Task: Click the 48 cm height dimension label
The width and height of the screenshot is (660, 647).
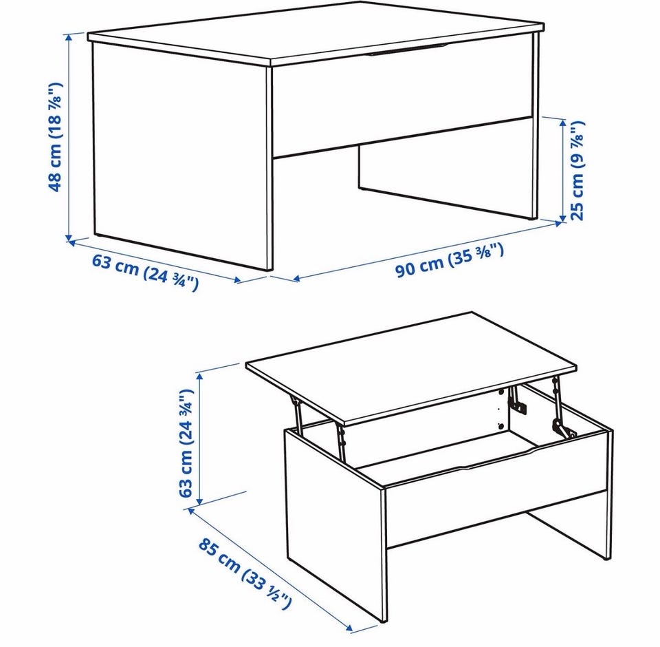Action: coord(55,138)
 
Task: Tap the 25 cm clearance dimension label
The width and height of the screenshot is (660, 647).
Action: coord(577,170)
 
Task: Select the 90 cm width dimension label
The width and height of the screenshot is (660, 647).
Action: coord(449,259)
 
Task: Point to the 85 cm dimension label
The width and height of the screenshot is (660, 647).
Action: coord(245,573)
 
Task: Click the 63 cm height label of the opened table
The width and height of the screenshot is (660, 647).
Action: coord(186,443)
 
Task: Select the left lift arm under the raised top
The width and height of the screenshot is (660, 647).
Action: coord(298,415)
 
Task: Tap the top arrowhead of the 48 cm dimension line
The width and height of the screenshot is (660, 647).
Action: coord(69,37)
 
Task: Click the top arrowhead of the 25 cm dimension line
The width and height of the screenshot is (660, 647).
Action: coord(562,123)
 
